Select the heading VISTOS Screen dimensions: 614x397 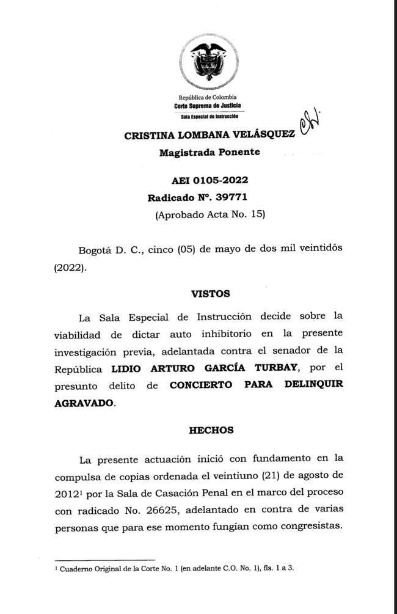coord(210,293)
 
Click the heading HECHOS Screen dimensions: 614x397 coord(211,430)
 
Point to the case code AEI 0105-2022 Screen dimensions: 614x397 coord(209,180)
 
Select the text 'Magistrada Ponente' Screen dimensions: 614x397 coord(209,153)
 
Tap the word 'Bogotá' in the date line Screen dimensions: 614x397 coord(97,250)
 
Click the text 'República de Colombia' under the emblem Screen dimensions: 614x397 coord(207,98)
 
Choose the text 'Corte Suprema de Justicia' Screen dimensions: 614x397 coord(207,106)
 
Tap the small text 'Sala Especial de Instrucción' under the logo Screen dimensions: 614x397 coord(207,115)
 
